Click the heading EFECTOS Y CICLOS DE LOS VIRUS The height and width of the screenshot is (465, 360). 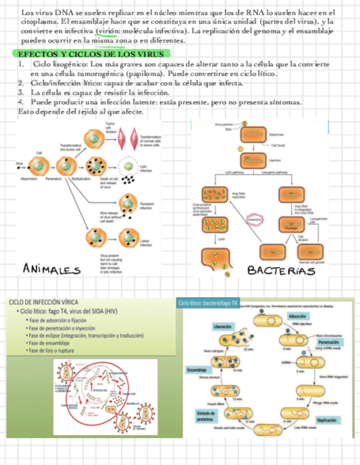(91, 54)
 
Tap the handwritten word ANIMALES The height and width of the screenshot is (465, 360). (52, 269)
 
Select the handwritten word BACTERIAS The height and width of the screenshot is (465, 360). (280, 270)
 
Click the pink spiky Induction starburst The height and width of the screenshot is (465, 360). (254, 220)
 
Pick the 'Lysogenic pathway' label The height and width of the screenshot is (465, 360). (275, 172)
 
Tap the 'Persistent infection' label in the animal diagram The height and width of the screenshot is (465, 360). (147, 206)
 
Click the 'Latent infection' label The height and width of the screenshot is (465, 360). (146, 243)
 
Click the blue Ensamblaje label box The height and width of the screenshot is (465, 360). (196, 370)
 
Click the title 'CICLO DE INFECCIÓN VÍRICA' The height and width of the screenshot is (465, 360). (44, 302)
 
